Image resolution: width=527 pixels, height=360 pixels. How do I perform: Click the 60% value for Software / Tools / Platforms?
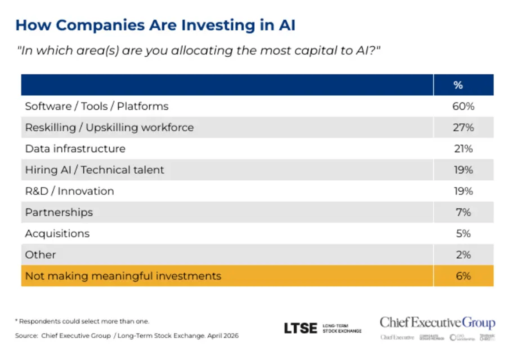[x=463, y=106]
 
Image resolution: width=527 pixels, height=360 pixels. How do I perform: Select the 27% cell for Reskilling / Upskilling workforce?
[x=463, y=127]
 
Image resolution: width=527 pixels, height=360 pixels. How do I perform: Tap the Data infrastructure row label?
[x=75, y=149]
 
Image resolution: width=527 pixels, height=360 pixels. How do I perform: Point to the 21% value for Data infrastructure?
[x=463, y=149]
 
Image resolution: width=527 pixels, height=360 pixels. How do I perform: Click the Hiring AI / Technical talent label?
[x=94, y=170]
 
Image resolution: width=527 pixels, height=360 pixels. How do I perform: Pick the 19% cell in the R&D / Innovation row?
[x=463, y=191]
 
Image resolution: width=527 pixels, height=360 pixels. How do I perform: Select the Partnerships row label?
[x=59, y=212]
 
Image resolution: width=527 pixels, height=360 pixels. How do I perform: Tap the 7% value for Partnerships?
[x=463, y=212]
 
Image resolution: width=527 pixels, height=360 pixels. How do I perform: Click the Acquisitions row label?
[x=57, y=233]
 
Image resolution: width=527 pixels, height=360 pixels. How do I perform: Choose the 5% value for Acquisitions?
[x=463, y=233]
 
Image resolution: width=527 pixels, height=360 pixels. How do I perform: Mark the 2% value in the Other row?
[x=463, y=255]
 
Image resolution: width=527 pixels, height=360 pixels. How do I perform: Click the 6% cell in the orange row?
[x=463, y=276]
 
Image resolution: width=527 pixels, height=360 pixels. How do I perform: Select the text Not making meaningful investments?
[x=123, y=276]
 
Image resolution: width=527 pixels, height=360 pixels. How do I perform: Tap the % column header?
[x=458, y=85]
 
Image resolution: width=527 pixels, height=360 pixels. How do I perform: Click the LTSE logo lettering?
[x=300, y=328]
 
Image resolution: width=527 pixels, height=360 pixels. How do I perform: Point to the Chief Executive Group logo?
[x=437, y=323]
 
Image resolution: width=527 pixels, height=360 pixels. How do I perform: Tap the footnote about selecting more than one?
[x=83, y=321]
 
